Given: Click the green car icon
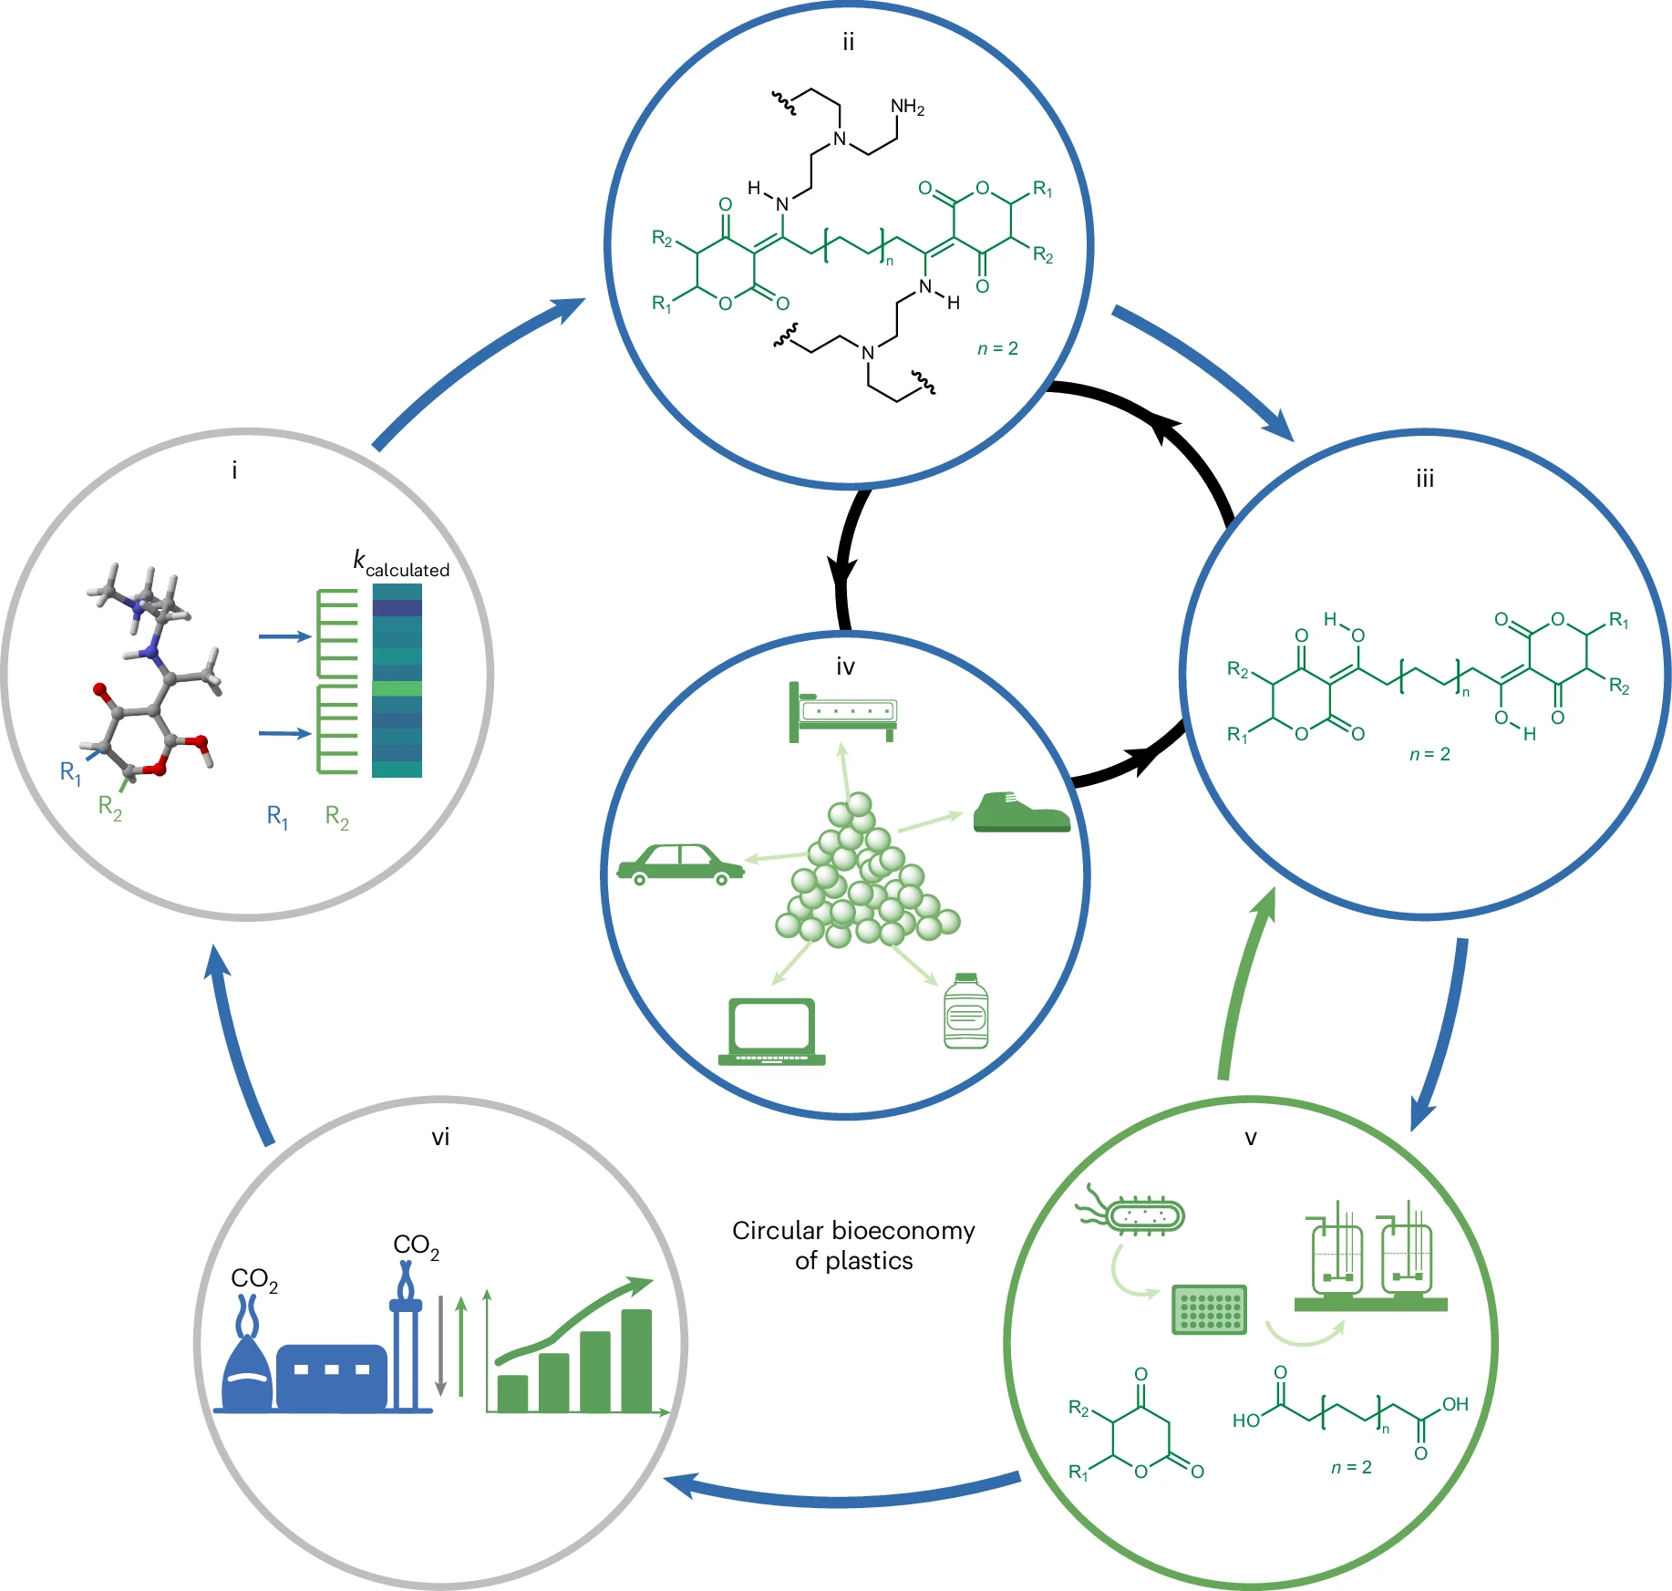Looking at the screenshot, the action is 680,864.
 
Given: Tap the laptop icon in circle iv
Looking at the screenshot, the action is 771,1031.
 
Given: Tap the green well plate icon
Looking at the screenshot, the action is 1209,1309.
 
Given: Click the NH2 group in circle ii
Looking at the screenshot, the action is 907,107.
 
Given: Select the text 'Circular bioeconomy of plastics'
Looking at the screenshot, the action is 853,1245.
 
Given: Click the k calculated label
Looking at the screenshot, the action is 401,563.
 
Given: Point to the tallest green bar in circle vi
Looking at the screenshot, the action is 636,1360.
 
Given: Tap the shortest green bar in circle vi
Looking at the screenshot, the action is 512,1393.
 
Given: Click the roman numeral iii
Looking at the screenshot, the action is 1425,479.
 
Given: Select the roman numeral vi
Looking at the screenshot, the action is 440,1137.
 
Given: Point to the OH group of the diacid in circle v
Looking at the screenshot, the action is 1455,1404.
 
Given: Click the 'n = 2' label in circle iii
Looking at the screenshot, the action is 1429,754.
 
